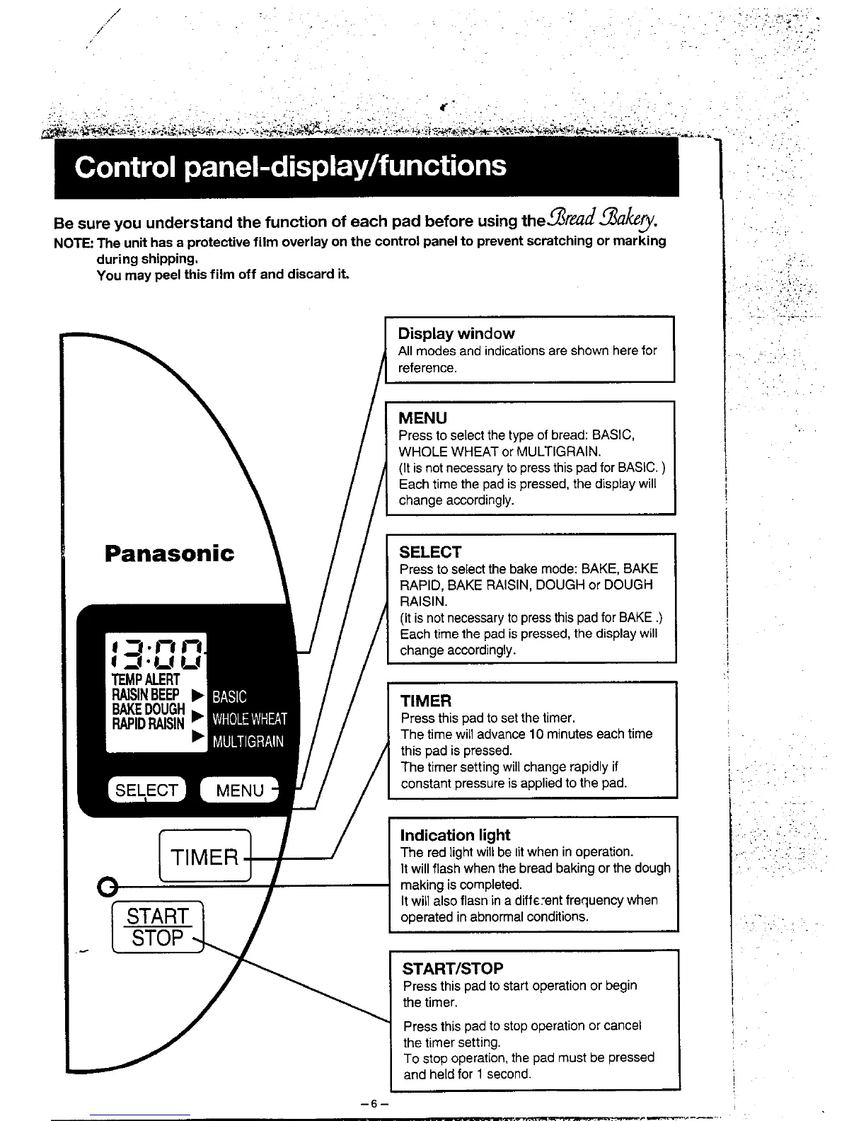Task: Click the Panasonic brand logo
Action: point(169,553)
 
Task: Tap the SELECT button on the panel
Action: point(146,790)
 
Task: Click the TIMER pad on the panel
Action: point(205,857)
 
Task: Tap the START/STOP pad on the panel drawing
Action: point(158,927)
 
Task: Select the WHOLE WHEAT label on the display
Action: point(250,719)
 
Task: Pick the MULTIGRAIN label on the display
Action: point(248,742)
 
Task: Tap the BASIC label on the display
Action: point(229,696)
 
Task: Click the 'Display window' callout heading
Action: point(456,333)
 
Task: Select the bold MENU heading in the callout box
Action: point(422,418)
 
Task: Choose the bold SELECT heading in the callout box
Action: point(430,552)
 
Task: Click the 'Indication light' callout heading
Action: point(455,835)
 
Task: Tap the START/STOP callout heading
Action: point(453,968)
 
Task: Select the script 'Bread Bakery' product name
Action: point(600,220)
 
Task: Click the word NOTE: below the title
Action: point(73,241)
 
